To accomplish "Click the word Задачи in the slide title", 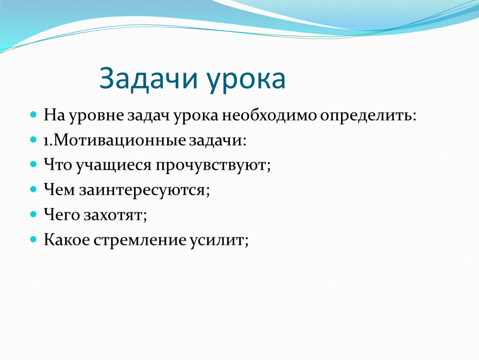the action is click(148, 79).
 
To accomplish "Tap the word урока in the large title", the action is click(246, 81).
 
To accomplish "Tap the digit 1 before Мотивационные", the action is click(46, 141).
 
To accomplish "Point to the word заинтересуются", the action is click(143, 190).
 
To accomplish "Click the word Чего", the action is click(62, 215).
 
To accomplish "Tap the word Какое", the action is click(67, 240).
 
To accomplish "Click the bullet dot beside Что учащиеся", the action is click(33, 165).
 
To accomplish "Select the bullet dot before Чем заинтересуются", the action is click(33, 189).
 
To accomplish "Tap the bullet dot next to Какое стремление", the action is click(33, 239).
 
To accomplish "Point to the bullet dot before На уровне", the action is click(33, 115).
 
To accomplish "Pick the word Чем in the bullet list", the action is click(59, 190).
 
